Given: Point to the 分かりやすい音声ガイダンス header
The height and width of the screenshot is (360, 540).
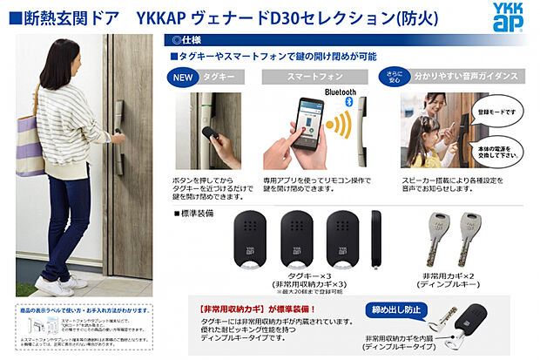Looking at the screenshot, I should [469, 77].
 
